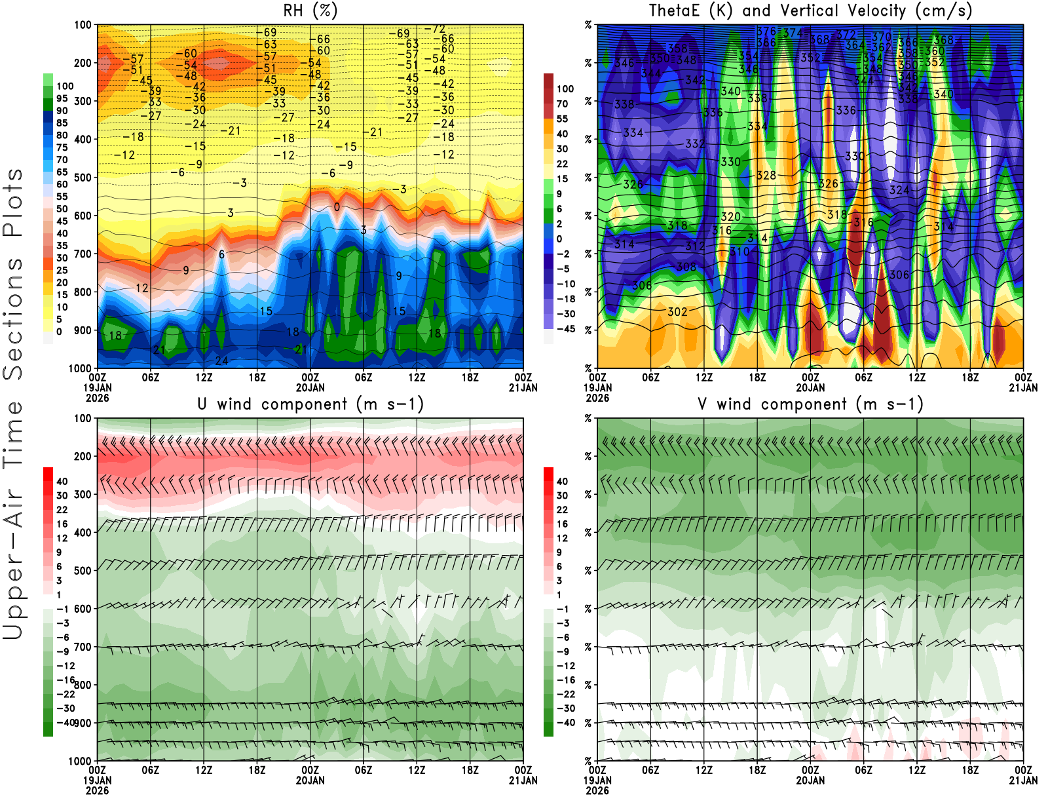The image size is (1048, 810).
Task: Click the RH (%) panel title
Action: tap(310, 10)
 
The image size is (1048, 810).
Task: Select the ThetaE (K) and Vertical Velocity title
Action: tap(810, 10)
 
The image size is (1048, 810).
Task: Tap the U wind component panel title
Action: tap(310, 404)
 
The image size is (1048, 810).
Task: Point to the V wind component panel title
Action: tap(810, 404)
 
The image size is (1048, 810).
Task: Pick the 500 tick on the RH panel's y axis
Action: tap(83, 178)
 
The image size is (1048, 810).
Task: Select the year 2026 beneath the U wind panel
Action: tap(97, 790)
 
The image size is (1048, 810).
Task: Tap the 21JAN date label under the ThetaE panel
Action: tap(1023, 388)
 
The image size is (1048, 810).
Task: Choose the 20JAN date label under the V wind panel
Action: tap(810, 781)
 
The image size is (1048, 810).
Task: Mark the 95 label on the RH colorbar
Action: tap(62, 98)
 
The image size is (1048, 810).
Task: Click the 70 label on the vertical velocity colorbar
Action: tap(563, 104)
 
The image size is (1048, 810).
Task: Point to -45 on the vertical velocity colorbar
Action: tap(565, 329)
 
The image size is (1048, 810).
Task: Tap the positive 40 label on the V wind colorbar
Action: tap(562, 481)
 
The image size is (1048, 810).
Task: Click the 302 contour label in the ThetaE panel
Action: tap(677, 312)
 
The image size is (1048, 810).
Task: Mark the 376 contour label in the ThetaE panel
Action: tap(766, 31)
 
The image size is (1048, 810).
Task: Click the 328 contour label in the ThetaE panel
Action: tap(766, 176)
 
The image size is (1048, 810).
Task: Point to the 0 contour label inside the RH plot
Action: tap(337, 207)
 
